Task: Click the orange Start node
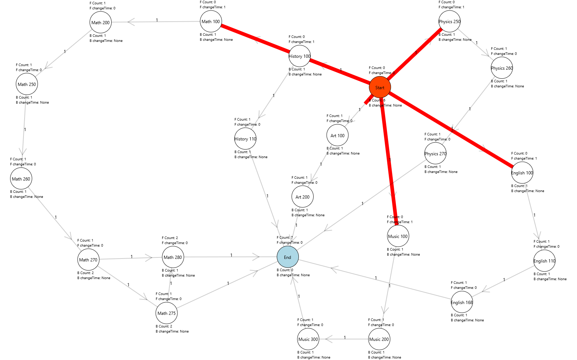380,87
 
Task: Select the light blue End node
288,257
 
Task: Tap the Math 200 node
100,22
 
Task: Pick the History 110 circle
245,139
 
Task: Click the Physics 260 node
502,68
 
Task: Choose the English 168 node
462,302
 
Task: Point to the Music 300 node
308,339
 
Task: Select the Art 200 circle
302,197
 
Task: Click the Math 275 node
167,313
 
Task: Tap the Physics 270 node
435,153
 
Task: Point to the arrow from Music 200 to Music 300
345,339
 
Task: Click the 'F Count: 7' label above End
285,238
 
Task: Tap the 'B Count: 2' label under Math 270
86,273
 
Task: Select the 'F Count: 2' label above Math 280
170,238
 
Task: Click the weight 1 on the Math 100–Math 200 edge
157,20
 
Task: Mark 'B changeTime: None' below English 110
550,279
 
